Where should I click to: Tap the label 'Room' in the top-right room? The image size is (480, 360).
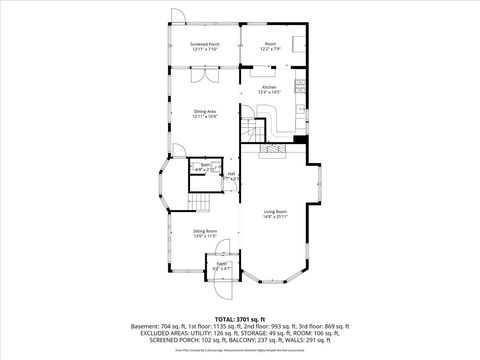pyautogui.click(x=270, y=44)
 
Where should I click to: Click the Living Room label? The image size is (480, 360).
pyautogui.click(x=275, y=212)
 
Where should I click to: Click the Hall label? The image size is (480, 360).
pyautogui.click(x=231, y=174)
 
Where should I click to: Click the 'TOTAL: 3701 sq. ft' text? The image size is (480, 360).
pyautogui.click(x=239, y=318)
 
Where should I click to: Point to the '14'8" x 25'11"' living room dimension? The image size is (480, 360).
pyautogui.click(x=275, y=218)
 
